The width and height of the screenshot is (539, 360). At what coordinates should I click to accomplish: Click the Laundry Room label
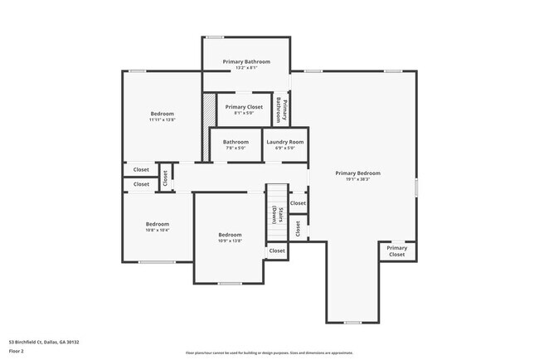(285, 142)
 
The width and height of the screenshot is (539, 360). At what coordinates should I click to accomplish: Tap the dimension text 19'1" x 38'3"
(357, 179)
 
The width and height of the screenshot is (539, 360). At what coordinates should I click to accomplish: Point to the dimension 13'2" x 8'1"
(245, 68)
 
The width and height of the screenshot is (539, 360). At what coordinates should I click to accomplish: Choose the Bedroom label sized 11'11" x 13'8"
(162, 114)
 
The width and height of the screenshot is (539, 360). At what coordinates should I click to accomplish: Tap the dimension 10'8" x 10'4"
(158, 230)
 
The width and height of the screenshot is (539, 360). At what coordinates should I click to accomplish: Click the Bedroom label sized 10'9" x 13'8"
(230, 235)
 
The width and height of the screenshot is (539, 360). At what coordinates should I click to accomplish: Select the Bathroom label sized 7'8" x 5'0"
(236, 142)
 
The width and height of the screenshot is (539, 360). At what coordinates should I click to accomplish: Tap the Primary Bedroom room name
(357, 173)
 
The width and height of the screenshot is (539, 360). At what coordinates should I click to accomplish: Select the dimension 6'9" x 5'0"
(285, 148)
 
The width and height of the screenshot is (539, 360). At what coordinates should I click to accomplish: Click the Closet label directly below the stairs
(277, 251)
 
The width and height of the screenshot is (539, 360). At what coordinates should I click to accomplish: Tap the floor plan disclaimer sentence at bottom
(269, 353)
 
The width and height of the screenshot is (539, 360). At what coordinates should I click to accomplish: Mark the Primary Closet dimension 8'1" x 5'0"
(244, 114)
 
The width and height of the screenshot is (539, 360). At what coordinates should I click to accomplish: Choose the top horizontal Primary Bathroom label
(245, 61)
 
